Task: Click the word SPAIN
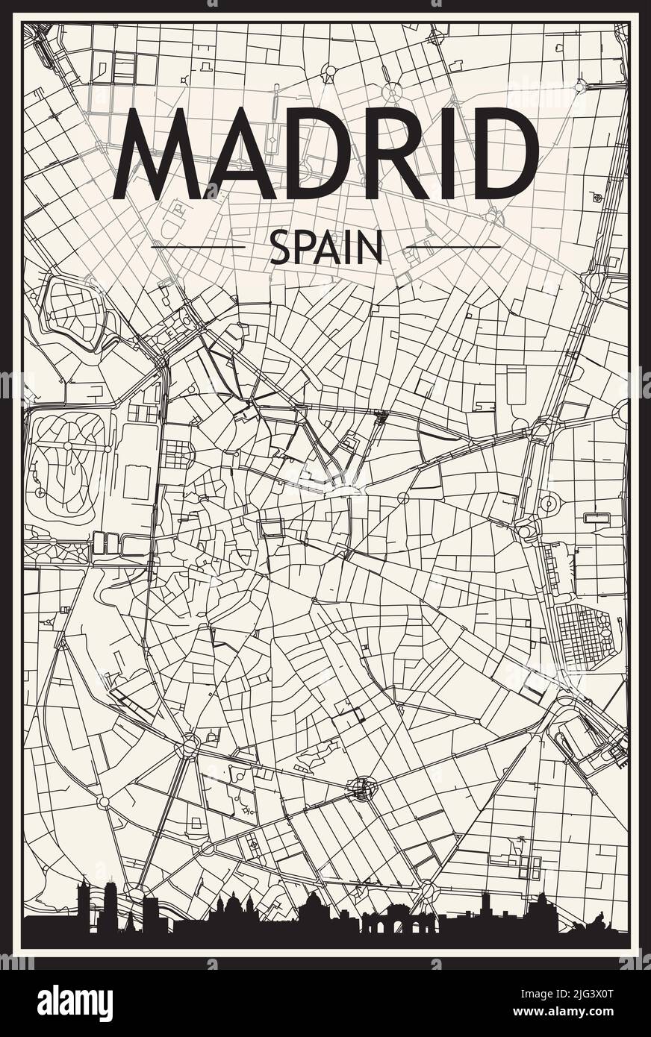(325, 247)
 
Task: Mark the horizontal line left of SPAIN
(198, 247)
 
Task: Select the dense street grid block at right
(582, 636)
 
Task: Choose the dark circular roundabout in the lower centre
(364, 789)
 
